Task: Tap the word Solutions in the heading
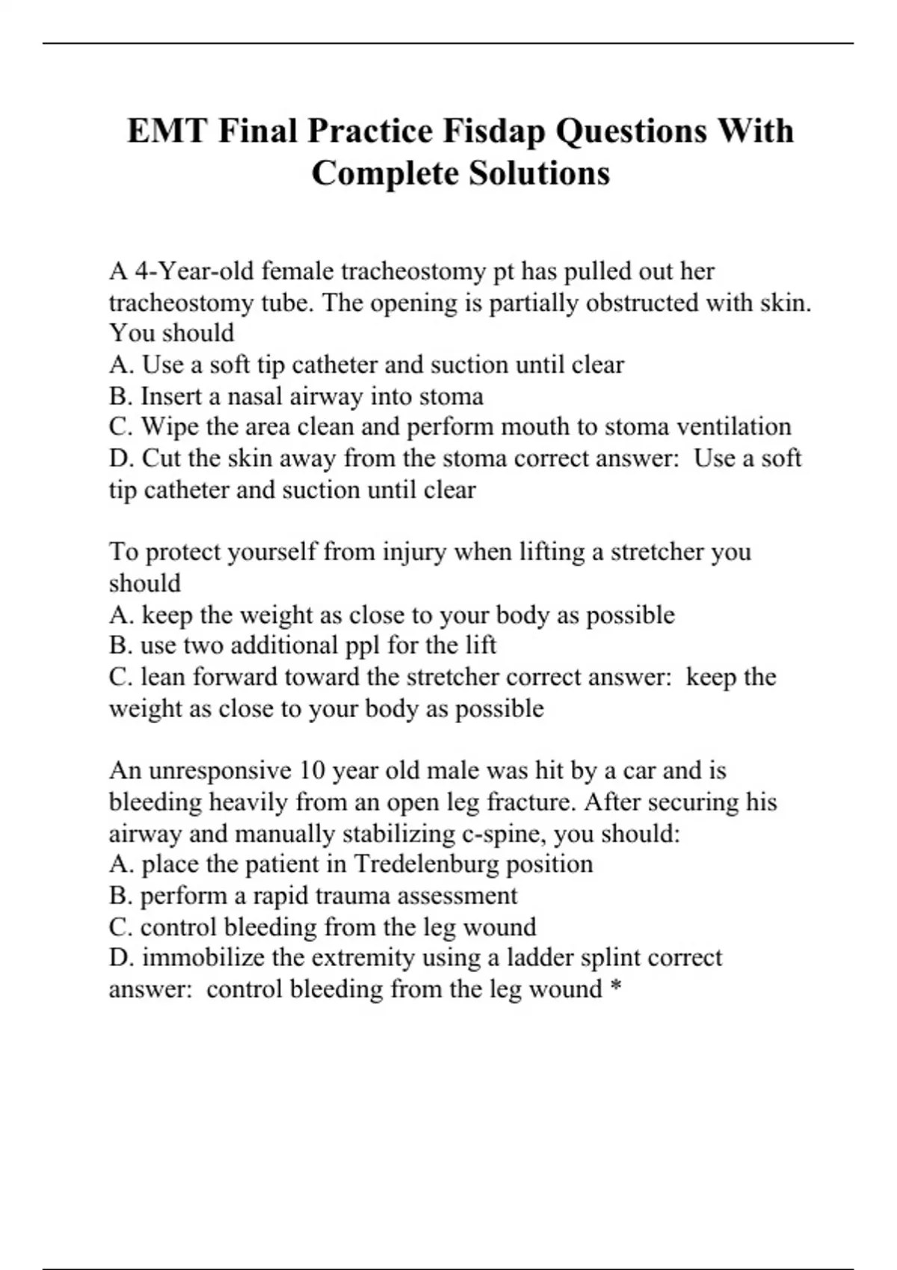[539, 174]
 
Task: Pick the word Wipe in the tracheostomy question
[169, 427]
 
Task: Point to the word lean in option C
[163, 677]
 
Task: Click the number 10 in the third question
[312, 770]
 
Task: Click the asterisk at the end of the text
[616, 988]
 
